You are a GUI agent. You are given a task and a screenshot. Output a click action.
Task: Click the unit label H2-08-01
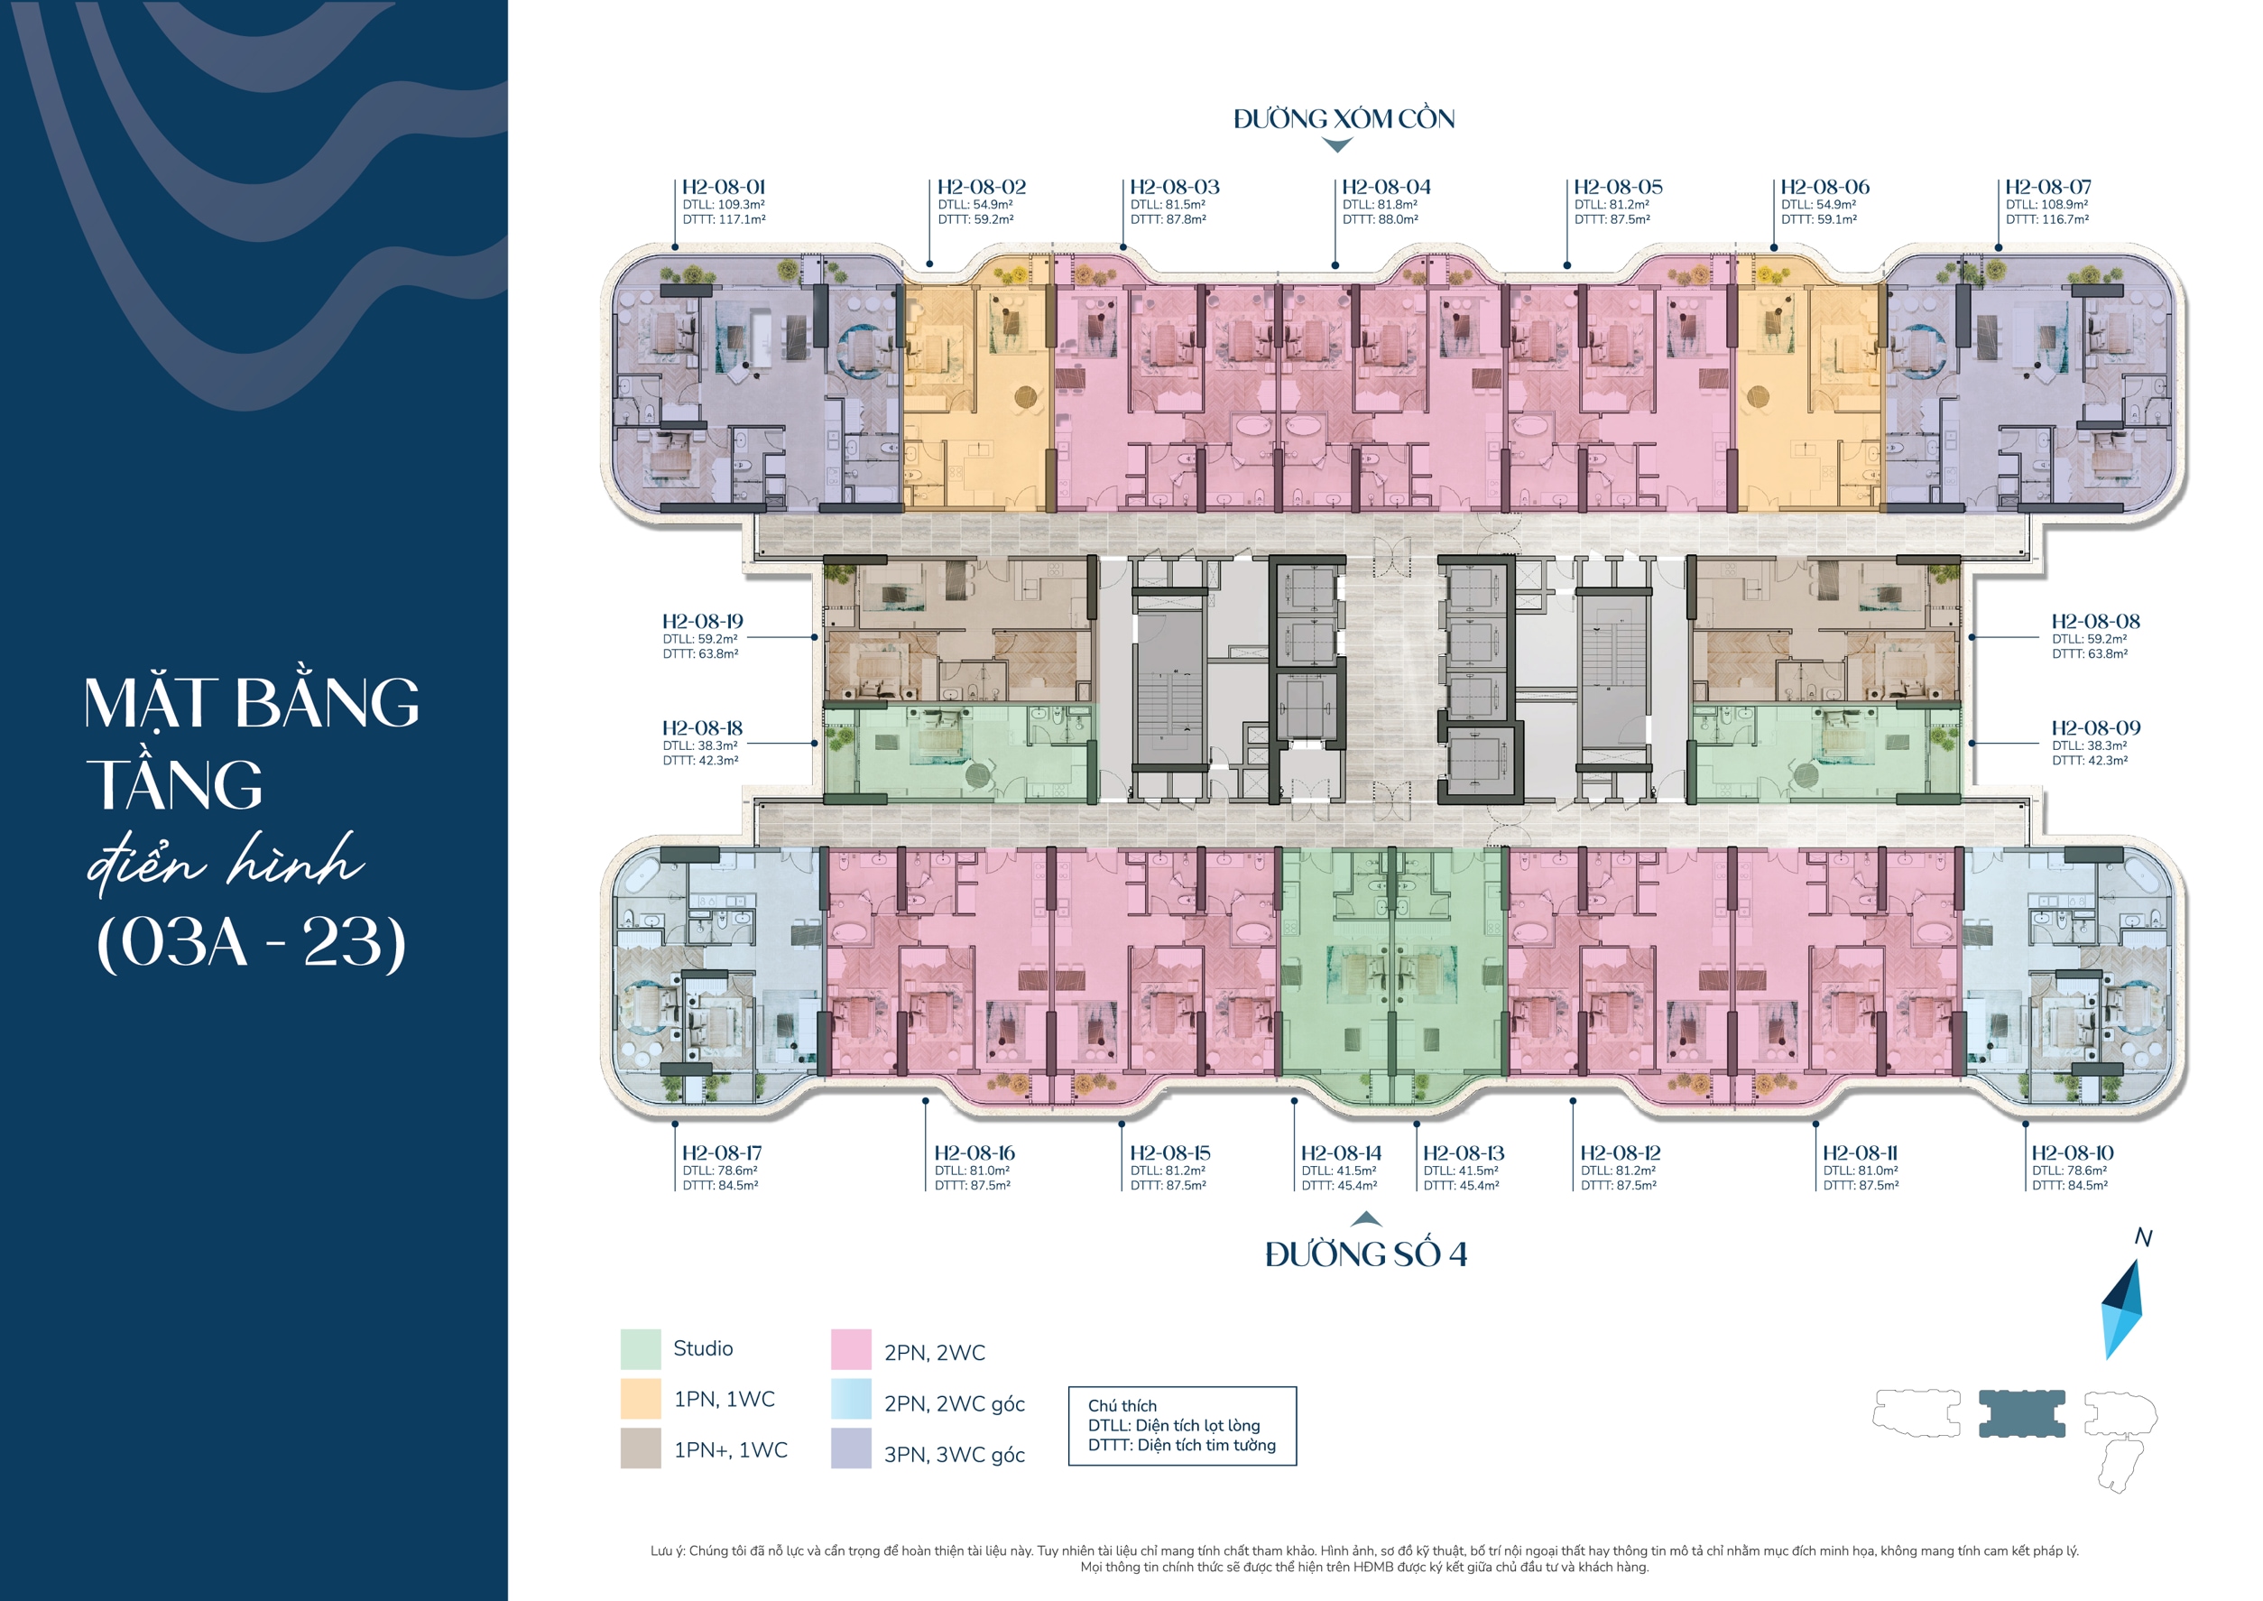coord(724,188)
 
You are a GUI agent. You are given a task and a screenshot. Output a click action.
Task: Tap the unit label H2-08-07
coord(2048,188)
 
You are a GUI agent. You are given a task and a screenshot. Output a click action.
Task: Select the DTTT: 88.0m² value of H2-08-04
coord(1380,220)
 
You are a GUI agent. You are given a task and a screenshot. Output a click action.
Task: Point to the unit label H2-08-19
coord(702,621)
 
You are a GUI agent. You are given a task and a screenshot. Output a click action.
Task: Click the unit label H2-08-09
coord(2095,727)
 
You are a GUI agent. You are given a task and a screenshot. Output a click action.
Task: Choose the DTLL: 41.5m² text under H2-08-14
coord(1338,1171)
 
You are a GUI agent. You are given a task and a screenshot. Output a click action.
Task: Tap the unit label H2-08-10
coord(2072,1152)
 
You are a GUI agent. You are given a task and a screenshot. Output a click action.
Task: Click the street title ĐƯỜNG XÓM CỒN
coord(1344,119)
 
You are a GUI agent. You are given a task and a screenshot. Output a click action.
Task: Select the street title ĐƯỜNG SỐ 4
coord(1366,1254)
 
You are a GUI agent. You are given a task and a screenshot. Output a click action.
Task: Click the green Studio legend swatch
coord(641,1348)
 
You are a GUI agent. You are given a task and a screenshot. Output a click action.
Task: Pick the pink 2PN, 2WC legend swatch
coord(851,1349)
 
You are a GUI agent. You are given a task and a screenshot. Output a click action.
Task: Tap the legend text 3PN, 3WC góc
coord(954,1454)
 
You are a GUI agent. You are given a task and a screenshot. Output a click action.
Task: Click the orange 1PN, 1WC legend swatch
coord(641,1399)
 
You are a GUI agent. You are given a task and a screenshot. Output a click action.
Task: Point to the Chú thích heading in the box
coord(1122,1405)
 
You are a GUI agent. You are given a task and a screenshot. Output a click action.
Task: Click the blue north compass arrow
coord(2123,1309)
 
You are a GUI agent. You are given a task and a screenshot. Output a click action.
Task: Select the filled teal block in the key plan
coord(2021,1413)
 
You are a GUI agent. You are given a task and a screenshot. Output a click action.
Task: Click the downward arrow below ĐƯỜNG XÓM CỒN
coord(1335,145)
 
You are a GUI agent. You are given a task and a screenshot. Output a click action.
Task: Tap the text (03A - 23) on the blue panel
coord(252,941)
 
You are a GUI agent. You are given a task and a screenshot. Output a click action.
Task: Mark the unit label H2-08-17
coord(722,1152)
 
